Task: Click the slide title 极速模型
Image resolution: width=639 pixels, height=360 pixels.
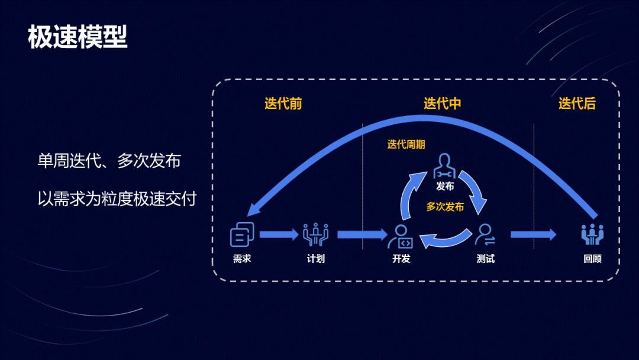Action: click(x=78, y=37)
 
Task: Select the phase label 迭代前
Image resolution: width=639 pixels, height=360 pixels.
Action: click(x=283, y=104)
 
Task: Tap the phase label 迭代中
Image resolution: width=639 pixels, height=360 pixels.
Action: click(x=442, y=104)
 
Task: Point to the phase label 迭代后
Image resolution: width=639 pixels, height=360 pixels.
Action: click(x=577, y=104)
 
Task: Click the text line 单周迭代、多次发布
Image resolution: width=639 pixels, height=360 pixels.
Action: click(x=109, y=161)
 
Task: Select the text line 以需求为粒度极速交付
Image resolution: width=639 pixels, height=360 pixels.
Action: click(x=117, y=198)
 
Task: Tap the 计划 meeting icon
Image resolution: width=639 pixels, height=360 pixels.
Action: click(x=315, y=234)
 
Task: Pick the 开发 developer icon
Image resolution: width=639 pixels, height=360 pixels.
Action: click(x=400, y=236)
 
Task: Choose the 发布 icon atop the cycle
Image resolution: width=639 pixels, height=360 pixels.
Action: click(x=445, y=168)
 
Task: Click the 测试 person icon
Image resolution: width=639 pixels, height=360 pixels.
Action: click(x=485, y=234)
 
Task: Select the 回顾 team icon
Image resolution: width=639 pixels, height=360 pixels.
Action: click(x=592, y=234)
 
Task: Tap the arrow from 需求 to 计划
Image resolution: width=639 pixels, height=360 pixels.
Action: click(x=279, y=234)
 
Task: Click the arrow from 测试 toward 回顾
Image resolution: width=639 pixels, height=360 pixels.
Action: click(x=533, y=234)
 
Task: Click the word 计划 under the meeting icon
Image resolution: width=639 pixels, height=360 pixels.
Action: click(x=315, y=259)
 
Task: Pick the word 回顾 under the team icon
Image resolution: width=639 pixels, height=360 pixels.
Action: click(x=592, y=259)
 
